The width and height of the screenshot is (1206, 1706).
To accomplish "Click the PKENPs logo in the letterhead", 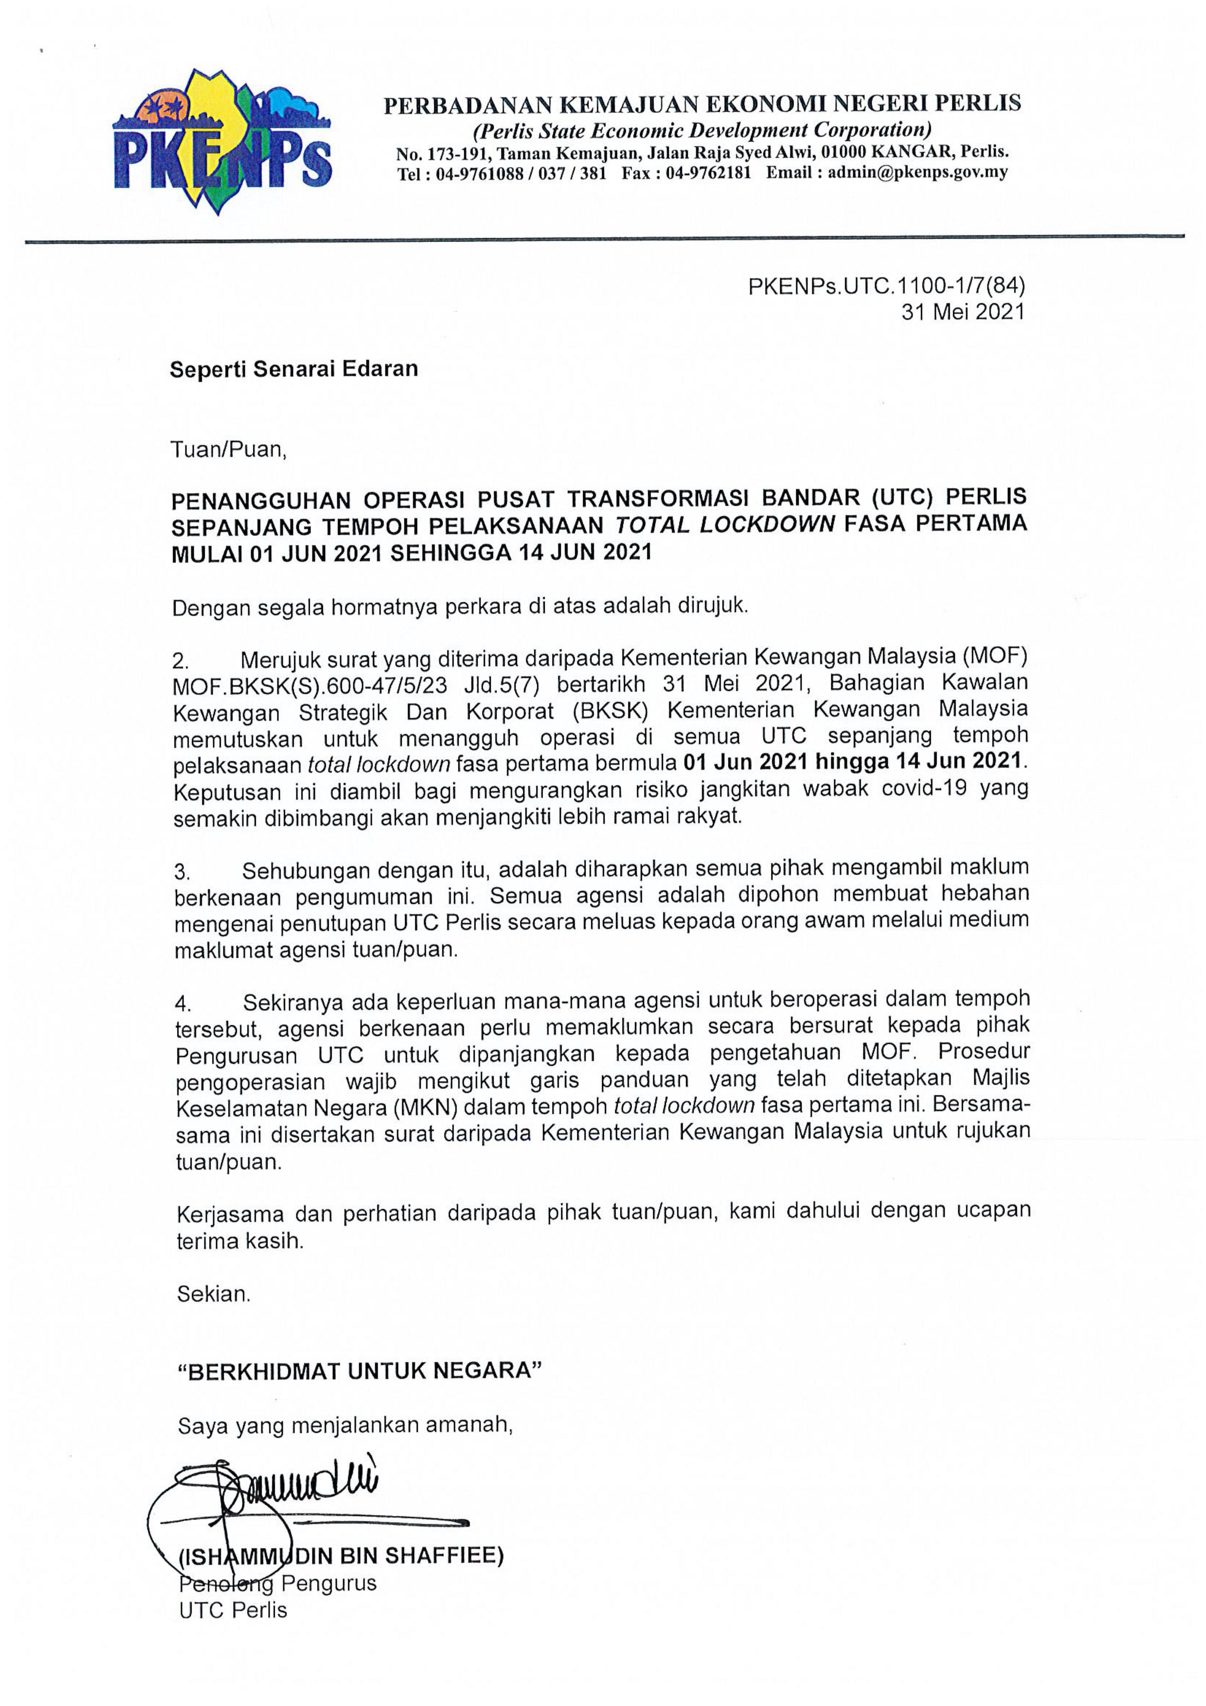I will tap(221, 141).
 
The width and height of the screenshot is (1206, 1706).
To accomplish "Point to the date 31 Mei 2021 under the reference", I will tap(963, 312).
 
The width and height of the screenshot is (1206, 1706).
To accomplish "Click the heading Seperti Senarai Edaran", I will tap(294, 369).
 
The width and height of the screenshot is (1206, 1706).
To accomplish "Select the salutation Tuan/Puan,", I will tap(228, 450).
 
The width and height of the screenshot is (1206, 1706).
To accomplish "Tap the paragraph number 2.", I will tap(180, 661).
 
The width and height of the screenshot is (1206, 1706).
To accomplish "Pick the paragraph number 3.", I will tap(182, 870).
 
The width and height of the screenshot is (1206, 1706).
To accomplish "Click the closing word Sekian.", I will tap(214, 1294).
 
